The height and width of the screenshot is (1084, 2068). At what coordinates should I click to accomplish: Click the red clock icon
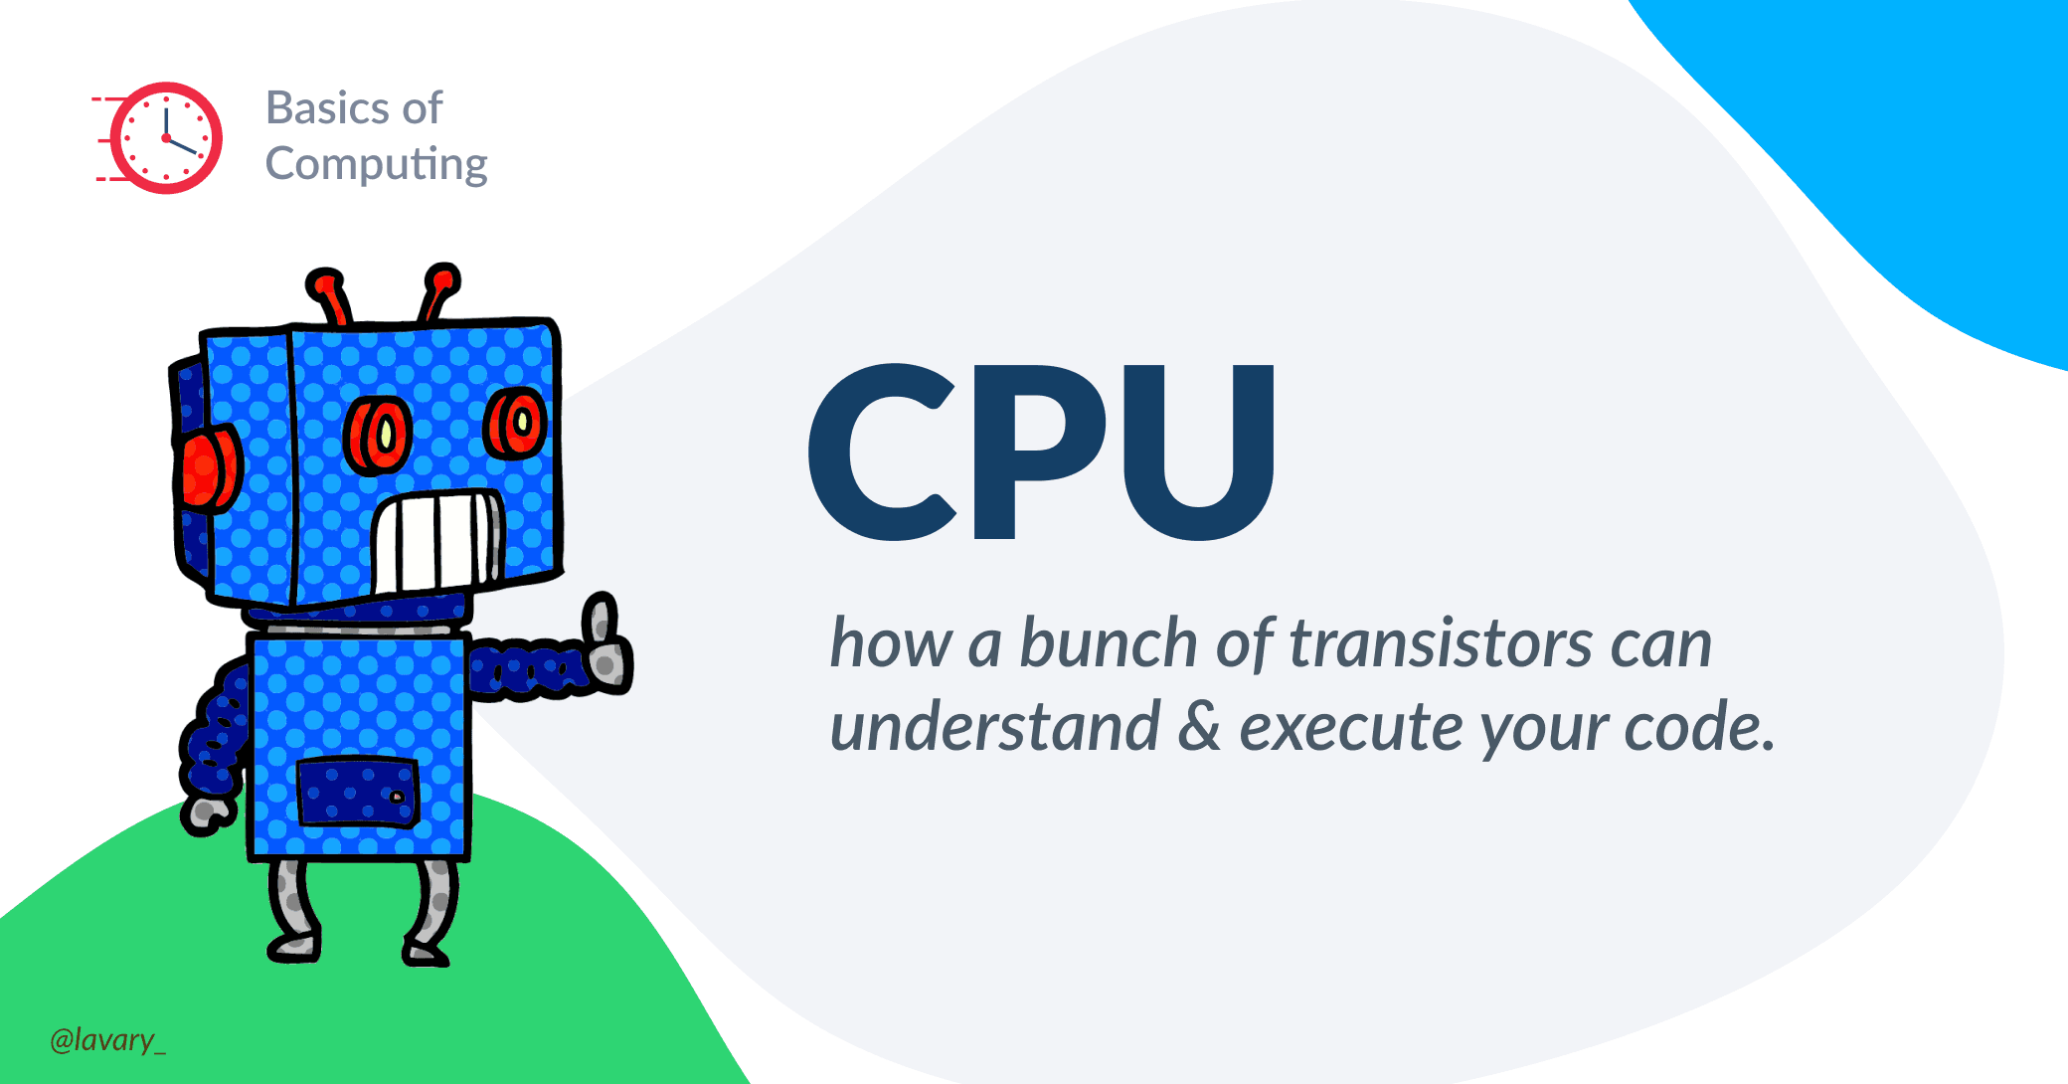point(158,138)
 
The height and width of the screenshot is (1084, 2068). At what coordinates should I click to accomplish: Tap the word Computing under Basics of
point(376,165)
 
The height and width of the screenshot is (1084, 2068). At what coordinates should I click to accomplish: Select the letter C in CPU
point(883,452)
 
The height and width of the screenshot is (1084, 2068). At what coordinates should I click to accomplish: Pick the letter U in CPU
point(1199,452)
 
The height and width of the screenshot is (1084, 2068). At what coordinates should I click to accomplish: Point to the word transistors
point(1442,643)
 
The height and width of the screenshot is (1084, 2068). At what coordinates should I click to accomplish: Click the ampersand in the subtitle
point(1199,726)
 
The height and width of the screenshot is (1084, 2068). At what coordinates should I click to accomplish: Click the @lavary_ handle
point(107,1039)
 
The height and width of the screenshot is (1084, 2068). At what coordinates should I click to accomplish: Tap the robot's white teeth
point(437,542)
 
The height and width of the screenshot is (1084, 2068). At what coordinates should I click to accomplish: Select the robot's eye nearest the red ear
point(378,436)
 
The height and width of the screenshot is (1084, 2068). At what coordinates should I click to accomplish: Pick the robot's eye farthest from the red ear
point(515,423)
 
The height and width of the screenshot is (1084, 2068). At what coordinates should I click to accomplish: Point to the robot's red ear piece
point(208,467)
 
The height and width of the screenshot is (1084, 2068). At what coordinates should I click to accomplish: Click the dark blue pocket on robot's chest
point(358,792)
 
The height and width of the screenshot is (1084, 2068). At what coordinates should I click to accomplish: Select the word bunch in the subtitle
point(1108,643)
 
